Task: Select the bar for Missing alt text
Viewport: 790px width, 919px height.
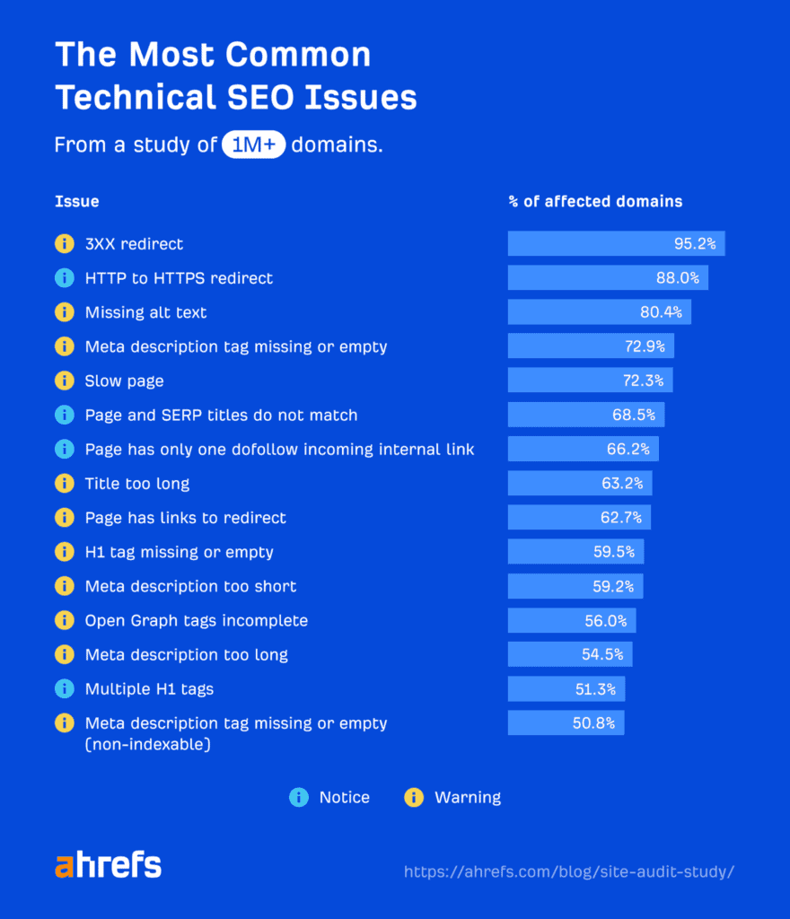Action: [599, 312]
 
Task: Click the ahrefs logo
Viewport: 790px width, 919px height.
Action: [108, 866]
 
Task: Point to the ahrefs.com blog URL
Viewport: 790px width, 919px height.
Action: [569, 871]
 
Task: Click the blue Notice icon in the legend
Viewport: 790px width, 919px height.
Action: [298, 797]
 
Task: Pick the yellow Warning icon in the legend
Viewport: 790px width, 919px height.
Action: [414, 797]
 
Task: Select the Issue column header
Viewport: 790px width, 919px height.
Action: [76, 201]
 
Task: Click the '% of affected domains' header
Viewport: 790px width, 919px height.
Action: [595, 201]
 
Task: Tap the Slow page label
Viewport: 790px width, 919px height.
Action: [124, 381]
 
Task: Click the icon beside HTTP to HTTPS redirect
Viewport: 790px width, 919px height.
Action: [64, 278]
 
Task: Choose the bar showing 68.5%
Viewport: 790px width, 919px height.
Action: [585, 415]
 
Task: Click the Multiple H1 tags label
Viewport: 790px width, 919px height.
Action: [149, 689]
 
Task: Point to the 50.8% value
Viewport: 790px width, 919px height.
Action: [593, 723]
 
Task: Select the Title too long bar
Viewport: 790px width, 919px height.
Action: [579, 484]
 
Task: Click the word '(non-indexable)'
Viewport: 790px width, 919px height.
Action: [147, 743]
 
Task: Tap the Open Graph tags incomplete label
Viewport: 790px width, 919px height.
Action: [196, 620]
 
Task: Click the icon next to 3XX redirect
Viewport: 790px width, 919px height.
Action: [64, 244]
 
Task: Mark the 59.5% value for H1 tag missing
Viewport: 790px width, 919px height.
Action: [614, 552]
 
